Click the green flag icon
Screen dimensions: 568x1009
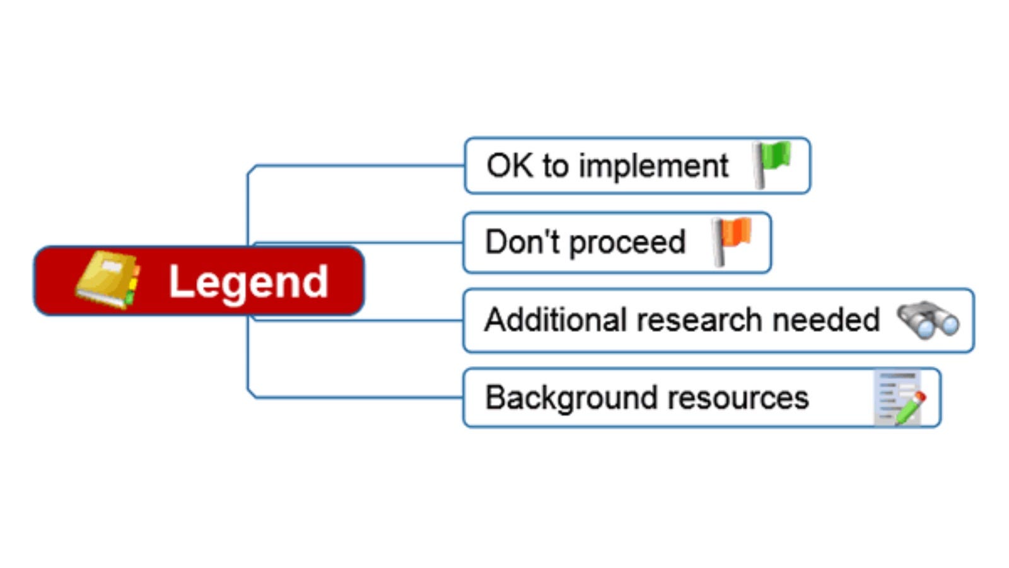[773, 164]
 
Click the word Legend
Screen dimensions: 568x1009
[248, 281]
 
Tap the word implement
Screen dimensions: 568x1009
[653, 167]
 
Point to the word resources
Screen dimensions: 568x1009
[738, 398]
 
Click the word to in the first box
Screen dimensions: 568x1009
[555, 167]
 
